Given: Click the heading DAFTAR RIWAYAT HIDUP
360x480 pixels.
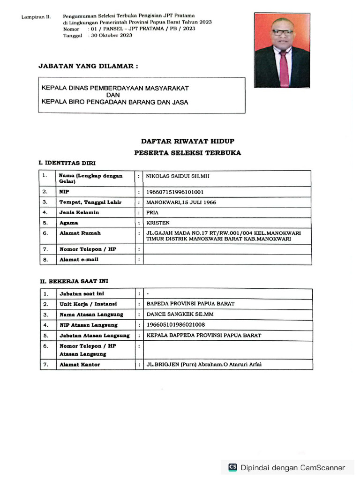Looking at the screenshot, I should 187,141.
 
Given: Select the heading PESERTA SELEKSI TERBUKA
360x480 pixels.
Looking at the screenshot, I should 187,153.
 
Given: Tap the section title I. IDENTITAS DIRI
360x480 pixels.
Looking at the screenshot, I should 67,163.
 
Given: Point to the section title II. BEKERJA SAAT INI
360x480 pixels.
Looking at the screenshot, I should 74,281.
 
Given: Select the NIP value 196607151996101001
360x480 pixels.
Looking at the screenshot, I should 175,192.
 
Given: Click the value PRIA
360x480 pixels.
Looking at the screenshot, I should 153,213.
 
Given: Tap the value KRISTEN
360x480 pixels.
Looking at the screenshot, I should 158,223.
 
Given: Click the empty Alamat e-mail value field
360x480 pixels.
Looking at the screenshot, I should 227,260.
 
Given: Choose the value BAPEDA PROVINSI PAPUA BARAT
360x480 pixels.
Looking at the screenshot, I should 190,304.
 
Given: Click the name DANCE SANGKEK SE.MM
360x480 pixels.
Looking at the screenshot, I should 180,315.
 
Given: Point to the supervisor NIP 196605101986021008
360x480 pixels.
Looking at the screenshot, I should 176,325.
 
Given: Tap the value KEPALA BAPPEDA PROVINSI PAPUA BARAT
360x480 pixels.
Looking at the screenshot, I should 204,336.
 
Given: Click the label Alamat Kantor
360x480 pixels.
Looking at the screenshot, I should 79,365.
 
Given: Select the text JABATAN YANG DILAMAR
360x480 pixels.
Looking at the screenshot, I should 88,67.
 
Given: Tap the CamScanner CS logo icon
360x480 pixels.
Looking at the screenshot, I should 232,467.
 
